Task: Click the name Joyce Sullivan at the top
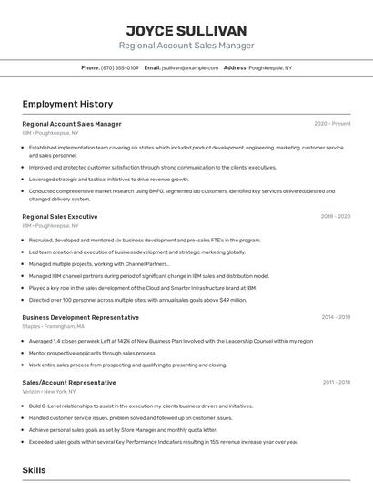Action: pyautogui.click(x=186, y=30)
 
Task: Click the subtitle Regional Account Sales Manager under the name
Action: pyautogui.click(x=186, y=46)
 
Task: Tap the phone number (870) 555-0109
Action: pyautogui.click(x=120, y=67)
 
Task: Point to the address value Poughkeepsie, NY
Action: pyautogui.click(x=270, y=67)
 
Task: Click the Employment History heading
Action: pyautogui.click(x=67, y=105)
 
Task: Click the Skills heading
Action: pyautogui.click(x=34, y=470)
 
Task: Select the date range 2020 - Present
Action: pyautogui.click(x=332, y=124)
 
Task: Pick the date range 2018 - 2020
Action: pyautogui.click(x=335, y=217)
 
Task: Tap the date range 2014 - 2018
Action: pyautogui.click(x=336, y=317)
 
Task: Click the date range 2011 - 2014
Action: pyautogui.click(x=336, y=382)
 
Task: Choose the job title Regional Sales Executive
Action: pyautogui.click(x=60, y=217)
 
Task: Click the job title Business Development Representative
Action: pyautogui.click(x=81, y=317)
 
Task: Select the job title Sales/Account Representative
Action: pyautogui.click(x=69, y=382)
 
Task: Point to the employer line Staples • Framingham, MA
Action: pyautogui.click(x=54, y=326)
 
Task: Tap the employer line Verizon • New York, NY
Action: pyautogui.click(x=49, y=391)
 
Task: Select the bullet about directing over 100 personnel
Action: pyautogui.click(x=137, y=299)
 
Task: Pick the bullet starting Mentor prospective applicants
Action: pyautogui.click(x=93, y=353)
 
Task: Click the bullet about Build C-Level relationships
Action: pyautogui.click(x=141, y=406)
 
